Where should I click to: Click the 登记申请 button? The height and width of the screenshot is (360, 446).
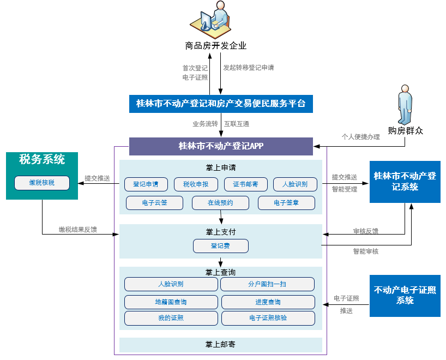146,184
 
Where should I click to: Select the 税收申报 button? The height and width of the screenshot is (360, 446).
195,184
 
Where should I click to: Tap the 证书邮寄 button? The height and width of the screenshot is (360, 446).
245,184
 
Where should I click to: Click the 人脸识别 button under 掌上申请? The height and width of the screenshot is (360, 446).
295,184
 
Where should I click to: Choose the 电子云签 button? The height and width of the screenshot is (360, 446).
154,203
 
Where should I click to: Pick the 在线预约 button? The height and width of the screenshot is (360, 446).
220,203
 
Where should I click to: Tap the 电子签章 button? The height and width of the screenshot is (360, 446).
287,203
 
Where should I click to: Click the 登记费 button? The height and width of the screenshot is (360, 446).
220,246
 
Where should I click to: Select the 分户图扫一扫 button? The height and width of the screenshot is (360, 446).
267,284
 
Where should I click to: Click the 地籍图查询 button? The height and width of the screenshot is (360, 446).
171,302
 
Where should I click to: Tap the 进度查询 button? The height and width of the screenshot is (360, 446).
268,302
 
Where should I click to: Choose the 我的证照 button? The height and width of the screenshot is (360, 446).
171,318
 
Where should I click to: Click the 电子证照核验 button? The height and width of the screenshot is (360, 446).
268,318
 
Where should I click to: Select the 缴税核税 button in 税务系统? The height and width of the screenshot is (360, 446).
42,183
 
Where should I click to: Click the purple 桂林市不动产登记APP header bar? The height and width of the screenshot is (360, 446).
221,146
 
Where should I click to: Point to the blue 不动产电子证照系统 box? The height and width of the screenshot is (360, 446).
405,296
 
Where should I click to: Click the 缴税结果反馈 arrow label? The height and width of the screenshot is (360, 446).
78,230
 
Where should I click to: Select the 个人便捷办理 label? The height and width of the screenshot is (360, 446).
360,137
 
